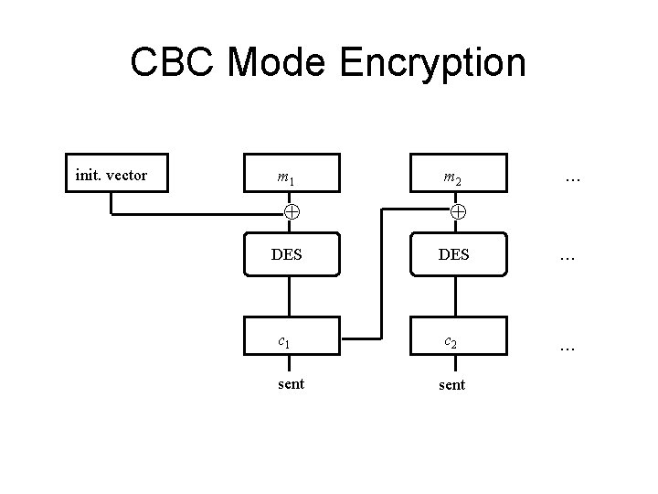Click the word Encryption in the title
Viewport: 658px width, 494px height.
435,63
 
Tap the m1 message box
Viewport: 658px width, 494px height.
291,178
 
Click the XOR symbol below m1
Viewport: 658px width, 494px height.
291,212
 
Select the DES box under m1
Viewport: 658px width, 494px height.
291,255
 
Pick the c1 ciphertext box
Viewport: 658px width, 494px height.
291,341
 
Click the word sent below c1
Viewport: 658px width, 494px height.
291,384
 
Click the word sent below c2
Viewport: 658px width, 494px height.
451,385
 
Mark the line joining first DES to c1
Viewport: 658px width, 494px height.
291,296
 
